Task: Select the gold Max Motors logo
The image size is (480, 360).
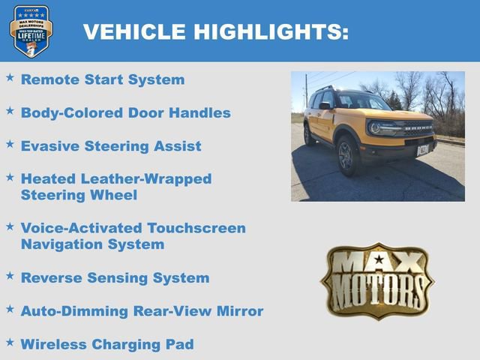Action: (377, 280)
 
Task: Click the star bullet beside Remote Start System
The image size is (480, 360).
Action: (10, 77)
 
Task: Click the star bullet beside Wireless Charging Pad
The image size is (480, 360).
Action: (10, 342)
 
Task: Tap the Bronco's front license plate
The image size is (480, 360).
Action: (422, 148)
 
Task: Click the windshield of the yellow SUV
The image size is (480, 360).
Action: (362, 101)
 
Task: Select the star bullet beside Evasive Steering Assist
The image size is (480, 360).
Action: (10, 143)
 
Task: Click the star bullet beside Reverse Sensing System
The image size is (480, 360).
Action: (10, 275)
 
